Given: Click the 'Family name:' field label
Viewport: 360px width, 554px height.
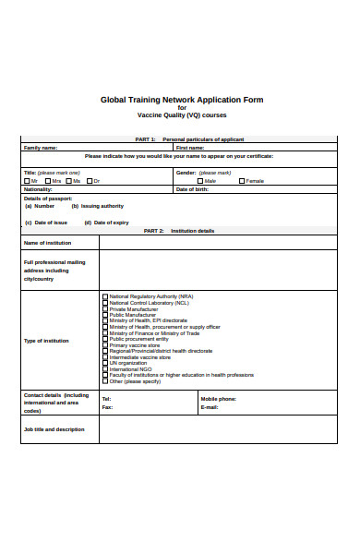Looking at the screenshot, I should coord(41,147).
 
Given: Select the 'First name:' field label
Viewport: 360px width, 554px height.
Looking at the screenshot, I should coord(190,147).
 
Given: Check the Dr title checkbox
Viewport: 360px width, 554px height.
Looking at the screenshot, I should coord(90,181).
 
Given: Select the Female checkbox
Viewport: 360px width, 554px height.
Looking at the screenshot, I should coord(242,181).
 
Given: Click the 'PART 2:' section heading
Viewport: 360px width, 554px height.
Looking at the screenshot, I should coord(153,230).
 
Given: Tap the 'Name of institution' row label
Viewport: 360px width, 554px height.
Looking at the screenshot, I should coord(46,243).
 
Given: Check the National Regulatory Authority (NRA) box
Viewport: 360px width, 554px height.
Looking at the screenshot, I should coord(104,296).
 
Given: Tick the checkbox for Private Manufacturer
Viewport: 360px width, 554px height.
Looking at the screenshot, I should coord(104,308).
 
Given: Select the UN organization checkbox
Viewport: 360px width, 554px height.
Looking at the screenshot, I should coord(104,363).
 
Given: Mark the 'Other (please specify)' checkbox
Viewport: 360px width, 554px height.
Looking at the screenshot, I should coord(104,381).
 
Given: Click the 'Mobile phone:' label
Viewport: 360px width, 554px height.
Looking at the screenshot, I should coord(219,399).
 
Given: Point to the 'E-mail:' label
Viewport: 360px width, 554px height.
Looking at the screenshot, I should coord(210,407).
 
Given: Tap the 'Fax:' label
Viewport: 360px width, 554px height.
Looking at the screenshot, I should coord(107,407).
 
